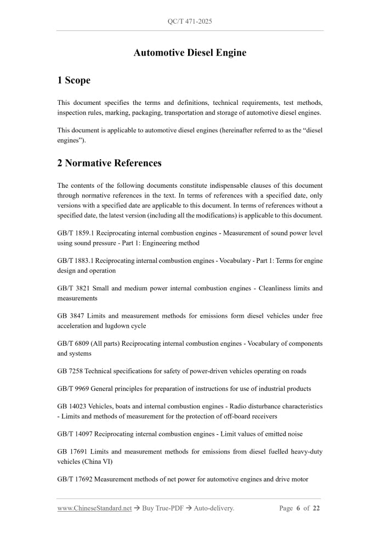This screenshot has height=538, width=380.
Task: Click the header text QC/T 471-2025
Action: tap(190, 21)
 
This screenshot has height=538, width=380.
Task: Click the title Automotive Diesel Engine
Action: tap(190, 53)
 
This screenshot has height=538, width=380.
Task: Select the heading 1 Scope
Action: tap(73, 81)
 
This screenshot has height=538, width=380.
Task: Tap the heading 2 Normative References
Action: tap(109, 163)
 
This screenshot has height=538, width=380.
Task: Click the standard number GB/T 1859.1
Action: tap(75, 233)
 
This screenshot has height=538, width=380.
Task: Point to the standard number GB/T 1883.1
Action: tap(75, 261)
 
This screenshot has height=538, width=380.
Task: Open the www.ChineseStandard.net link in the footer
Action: tap(94, 508)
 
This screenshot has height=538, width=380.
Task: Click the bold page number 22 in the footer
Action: tap(316, 508)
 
